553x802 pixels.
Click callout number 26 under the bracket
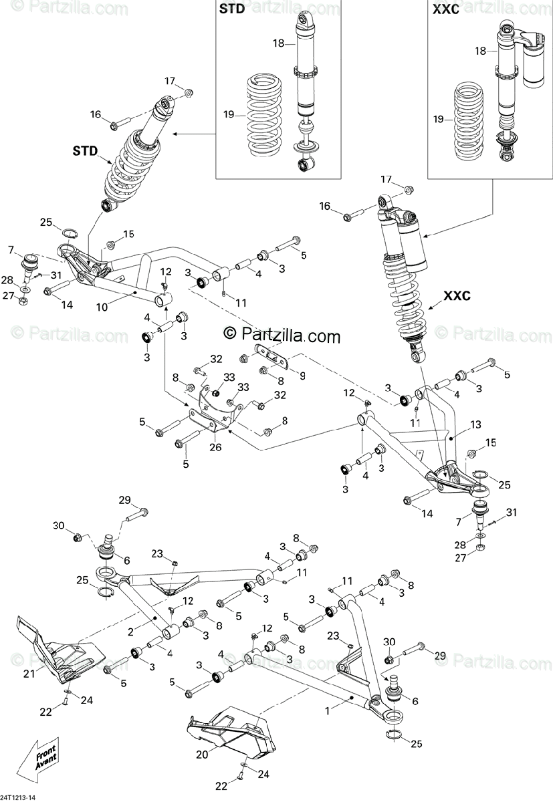(215, 447)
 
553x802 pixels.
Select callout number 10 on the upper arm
(102, 307)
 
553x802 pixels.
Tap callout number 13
(475, 424)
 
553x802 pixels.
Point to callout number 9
(303, 376)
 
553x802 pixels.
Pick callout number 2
(130, 632)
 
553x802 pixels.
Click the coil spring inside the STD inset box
(264, 115)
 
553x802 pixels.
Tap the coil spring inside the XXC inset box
(469, 122)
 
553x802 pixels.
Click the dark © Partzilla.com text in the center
(282, 335)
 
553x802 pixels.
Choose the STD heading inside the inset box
(232, 9)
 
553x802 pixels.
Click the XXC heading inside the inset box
(445, 9)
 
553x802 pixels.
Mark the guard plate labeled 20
(231, 732)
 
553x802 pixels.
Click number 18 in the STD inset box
(278, 43)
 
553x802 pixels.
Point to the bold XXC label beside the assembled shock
(457, 295)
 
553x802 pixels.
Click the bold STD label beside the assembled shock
(85, 151)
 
